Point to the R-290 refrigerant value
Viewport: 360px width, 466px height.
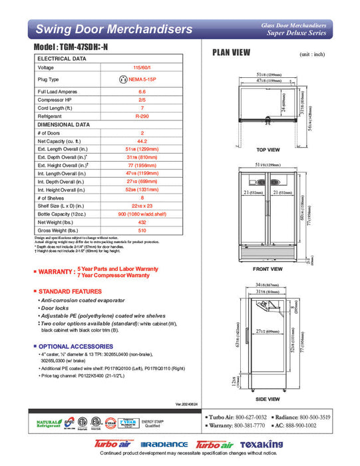(x=142, y=115)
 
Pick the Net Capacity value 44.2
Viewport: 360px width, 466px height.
(x=142, y=141)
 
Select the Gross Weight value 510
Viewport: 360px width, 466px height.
(x=142, y=230)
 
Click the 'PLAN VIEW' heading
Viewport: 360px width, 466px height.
(x=231, y=53)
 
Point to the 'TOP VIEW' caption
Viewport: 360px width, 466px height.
(x=268, y=150)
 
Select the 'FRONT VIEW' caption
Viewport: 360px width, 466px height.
(x=268, y=269)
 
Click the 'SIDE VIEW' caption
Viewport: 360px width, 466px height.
(x=268, y=399)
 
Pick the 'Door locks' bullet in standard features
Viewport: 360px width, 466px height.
(x=59, y=308)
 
